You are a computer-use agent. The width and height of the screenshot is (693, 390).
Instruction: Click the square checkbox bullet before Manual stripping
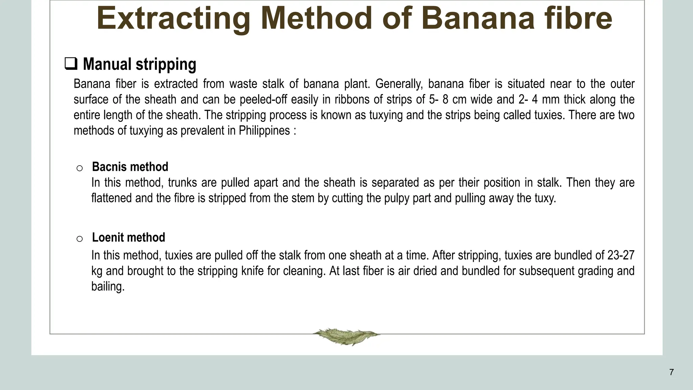pyautogui.click(x=71, y=64)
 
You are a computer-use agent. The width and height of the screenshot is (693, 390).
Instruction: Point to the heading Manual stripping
pyautogui.click(x=139, y=64)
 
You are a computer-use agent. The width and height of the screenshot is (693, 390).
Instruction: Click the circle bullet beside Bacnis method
pyautogui.click(x=80, y=168)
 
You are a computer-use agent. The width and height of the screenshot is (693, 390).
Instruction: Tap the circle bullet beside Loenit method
pyautogui.click(x=80, y=239)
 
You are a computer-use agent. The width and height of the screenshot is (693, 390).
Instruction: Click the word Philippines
pyautogui.click(x=264, y=131)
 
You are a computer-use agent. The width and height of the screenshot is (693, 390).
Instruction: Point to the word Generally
pyautogui.click(x=399, y=84)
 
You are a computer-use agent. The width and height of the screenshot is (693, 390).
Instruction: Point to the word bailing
pyautogui.click(x=108, y=286)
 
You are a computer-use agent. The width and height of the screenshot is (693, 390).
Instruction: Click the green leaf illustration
pyautogui.click(x=346, y=336)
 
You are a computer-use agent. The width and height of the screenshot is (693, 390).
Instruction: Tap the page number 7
pyautogui.click(x=671, y=372)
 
